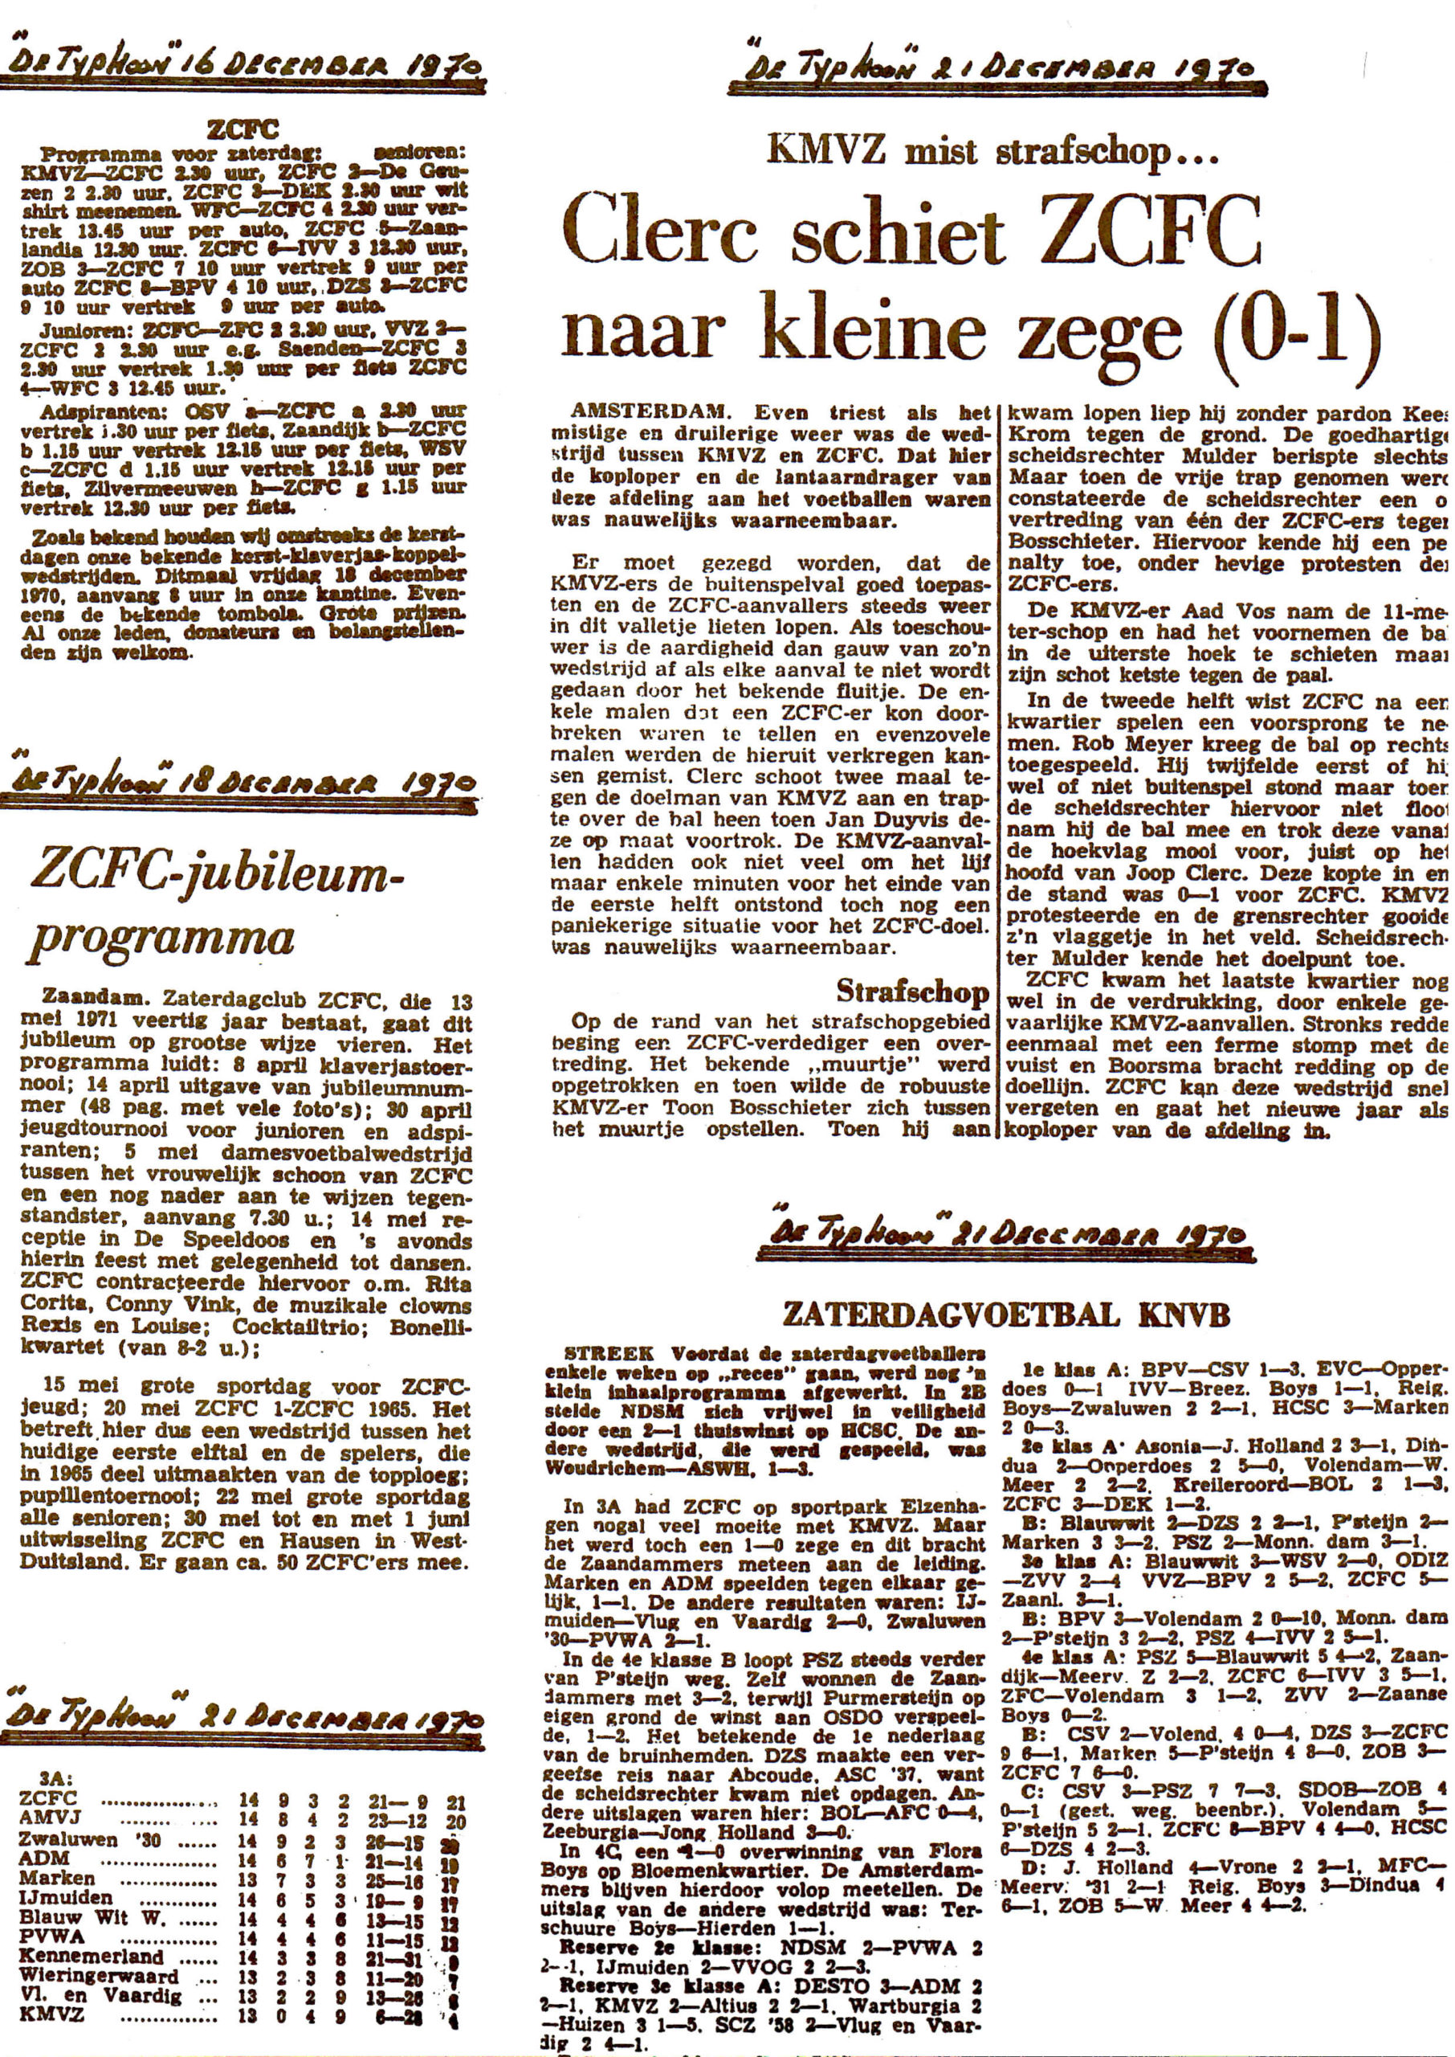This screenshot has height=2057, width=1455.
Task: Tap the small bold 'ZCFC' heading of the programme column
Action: pyautogui.click(x=241, y=131)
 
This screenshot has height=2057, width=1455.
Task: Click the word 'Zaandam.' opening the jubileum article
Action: pyautogui.click(x=86, y=1002)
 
